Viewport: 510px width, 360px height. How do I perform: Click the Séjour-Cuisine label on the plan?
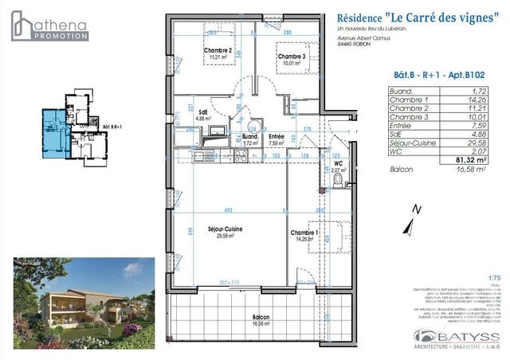pos(226,229)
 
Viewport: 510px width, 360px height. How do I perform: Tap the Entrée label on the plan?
pos(277,137)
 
